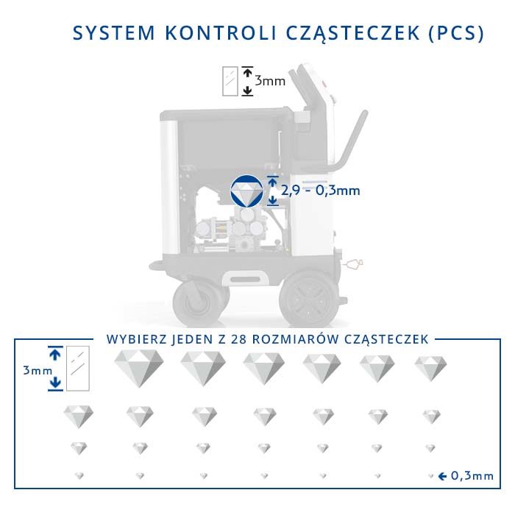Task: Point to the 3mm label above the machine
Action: click(270, 81)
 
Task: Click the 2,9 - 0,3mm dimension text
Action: click(321, 191)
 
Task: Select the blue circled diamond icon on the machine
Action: click(246, 191)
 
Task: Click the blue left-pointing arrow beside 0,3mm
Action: click(442, 476)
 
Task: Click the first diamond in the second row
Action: click(79, 416)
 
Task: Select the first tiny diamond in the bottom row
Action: click(79, 476)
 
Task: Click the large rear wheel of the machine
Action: click(307, 299)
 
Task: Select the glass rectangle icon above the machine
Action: click(230, 81)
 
